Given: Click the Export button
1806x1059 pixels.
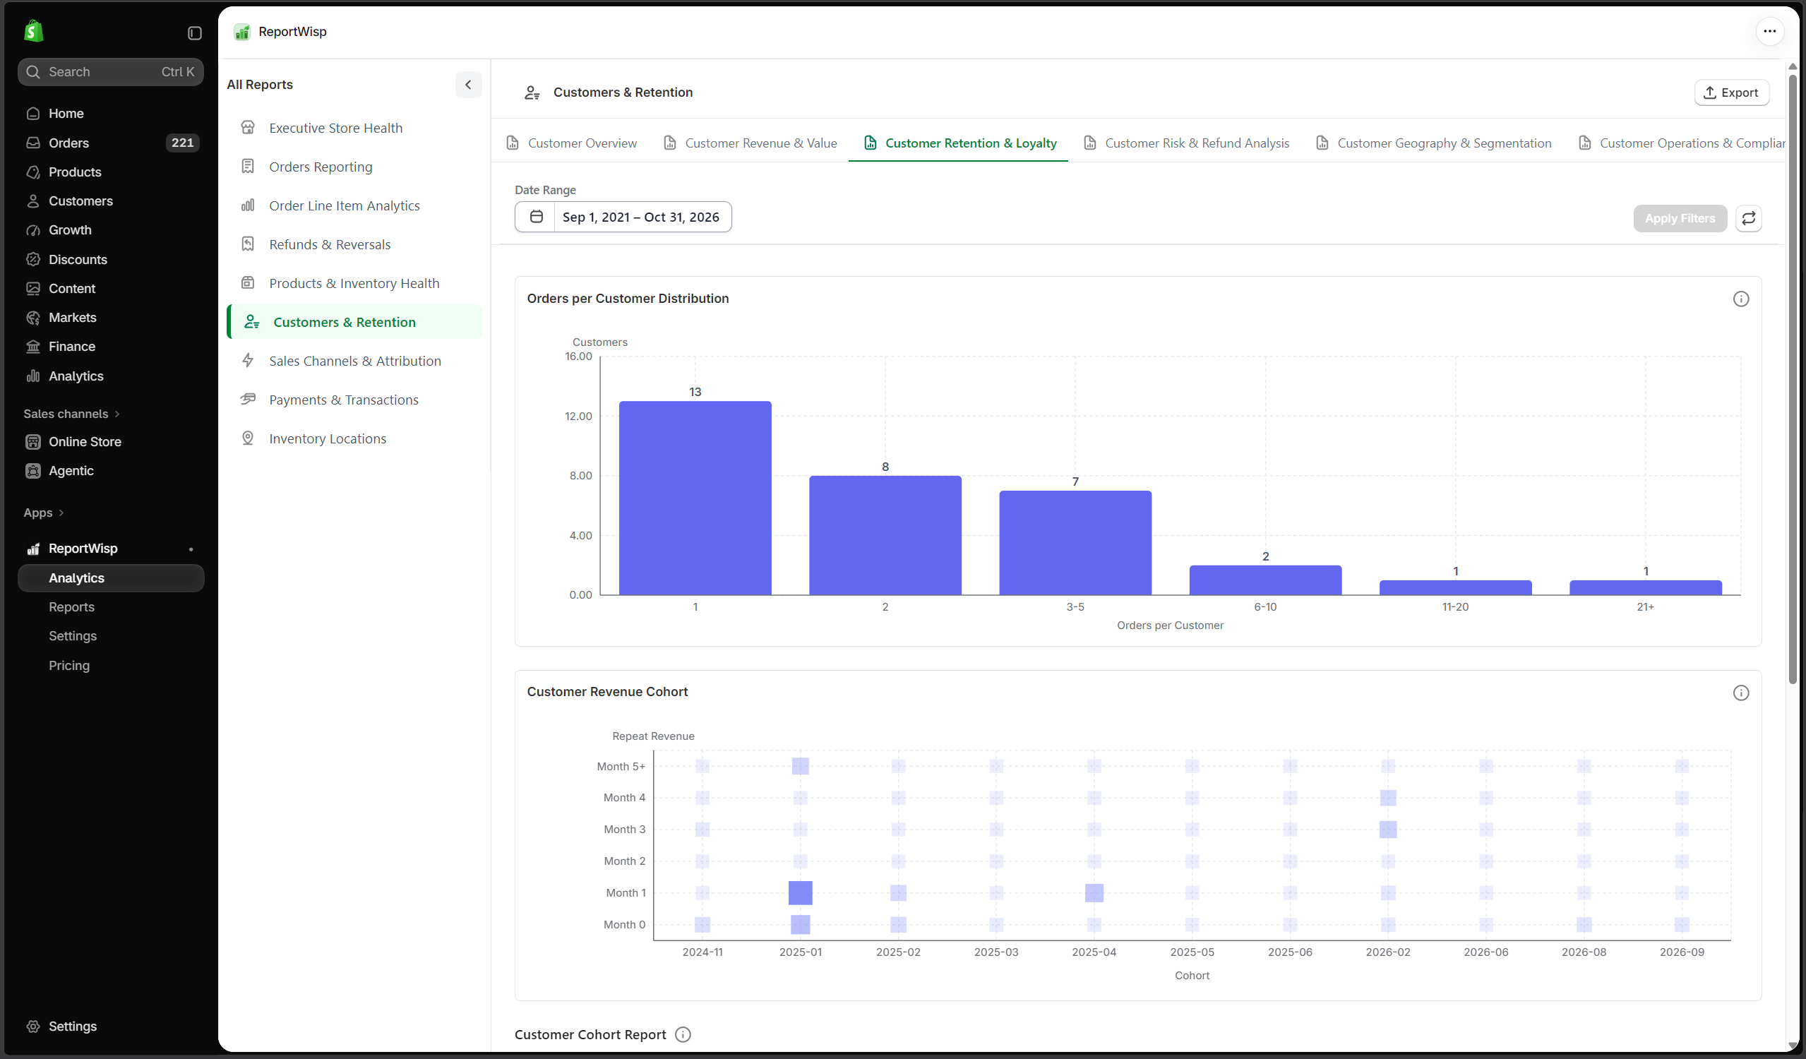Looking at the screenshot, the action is coord(1731,92).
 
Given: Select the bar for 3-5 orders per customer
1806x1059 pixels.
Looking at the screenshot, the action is coord(1075,542).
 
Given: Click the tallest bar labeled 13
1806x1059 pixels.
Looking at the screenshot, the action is coord(695,498).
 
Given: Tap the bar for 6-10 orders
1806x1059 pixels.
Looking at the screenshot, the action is coord(1266,580).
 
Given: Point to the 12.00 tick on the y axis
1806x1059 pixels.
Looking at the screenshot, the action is coord(578,417).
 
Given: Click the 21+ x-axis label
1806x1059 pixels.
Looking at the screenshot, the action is coord(1646,607).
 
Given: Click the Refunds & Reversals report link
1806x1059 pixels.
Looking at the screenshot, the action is coord(330,244).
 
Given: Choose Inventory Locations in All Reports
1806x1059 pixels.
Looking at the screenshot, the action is coord(328,438).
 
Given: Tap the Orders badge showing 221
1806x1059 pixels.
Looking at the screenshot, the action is coord(183,143).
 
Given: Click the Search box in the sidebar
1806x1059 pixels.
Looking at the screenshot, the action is coord(111,71).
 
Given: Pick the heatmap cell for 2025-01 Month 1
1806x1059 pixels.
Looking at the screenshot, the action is coord(801,893).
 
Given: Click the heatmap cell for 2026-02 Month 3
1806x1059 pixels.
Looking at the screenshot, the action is coord(1388,829).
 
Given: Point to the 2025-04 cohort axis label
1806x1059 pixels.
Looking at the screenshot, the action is coord(1094,952).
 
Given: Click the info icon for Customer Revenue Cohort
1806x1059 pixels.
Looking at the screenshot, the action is coord(1741,693).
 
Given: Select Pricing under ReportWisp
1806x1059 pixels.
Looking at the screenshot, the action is coord(69,666).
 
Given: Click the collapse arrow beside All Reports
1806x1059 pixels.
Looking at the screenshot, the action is coord(468,85).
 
